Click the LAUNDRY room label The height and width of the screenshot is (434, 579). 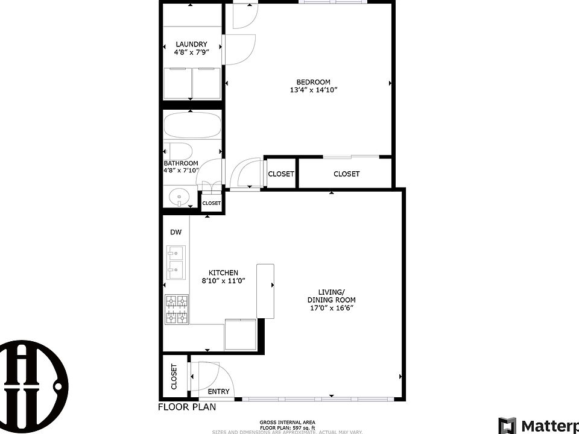[x=191, y=44]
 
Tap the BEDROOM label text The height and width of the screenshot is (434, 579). [x=313, y=82]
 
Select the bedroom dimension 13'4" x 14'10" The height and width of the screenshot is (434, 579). [x=313, y=90]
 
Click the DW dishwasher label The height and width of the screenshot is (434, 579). [x=176, y=232]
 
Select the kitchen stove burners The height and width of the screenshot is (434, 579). [x=177, y=309]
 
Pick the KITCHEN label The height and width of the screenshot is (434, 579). [x=223, y=272]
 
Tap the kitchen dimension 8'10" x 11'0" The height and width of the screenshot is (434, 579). [x=223, y=281]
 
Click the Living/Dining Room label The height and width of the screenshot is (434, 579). [x=331, y=295]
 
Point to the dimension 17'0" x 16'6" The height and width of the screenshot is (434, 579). [x=331, y=308]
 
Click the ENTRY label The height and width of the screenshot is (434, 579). [x=218, y=391]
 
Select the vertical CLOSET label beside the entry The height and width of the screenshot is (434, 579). [x=174, y=376]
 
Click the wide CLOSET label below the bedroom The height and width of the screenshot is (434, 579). [x=346, y=174]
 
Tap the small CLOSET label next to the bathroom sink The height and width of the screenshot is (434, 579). [x=211, y=203]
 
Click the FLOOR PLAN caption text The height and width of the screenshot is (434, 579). [x=186, y=407]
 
